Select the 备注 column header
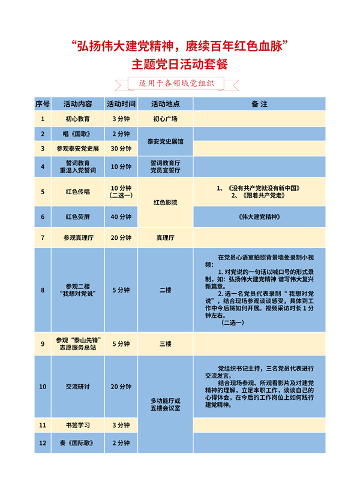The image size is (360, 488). click(259, 104)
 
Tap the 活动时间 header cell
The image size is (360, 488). click(121, 104)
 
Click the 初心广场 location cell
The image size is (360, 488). click(165, 119)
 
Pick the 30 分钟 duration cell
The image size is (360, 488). click(121, 148)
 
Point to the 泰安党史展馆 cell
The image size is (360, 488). click(165, 141)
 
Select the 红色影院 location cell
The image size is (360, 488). click(165, 203)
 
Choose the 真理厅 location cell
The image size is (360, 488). click(165, 238)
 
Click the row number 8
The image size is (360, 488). click(43, 290)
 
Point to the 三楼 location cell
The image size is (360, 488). click(165, 344)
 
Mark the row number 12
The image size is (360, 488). click(43, 443)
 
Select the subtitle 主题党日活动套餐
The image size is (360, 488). click(180, 62)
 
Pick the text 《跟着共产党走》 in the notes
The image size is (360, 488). click(259, 195)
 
